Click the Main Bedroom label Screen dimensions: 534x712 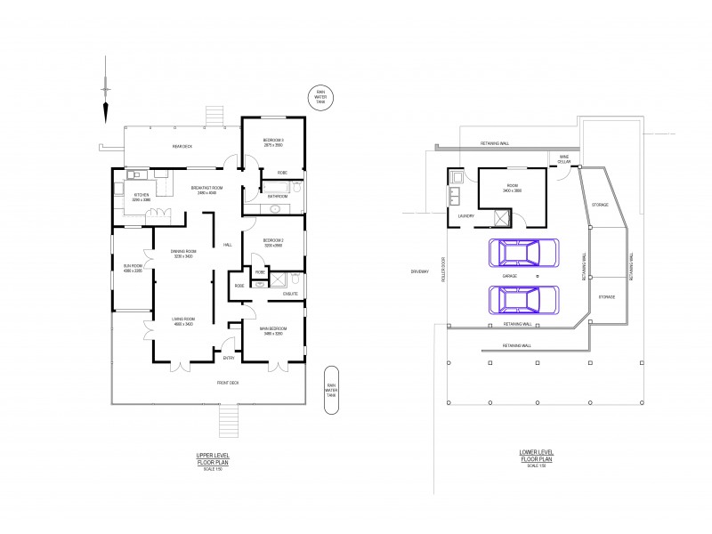(x=272, y=331)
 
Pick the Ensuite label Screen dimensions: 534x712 (x=290, y=293)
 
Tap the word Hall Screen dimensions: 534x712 (x=228, y=245)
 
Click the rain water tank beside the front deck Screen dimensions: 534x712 (x=331, y=390)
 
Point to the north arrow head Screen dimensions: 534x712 (x=105, y=112)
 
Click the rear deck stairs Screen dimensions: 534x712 (x=214, y=117)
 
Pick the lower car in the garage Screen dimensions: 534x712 (x=522, y=301)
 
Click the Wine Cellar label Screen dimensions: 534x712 (x=563, y=160)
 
